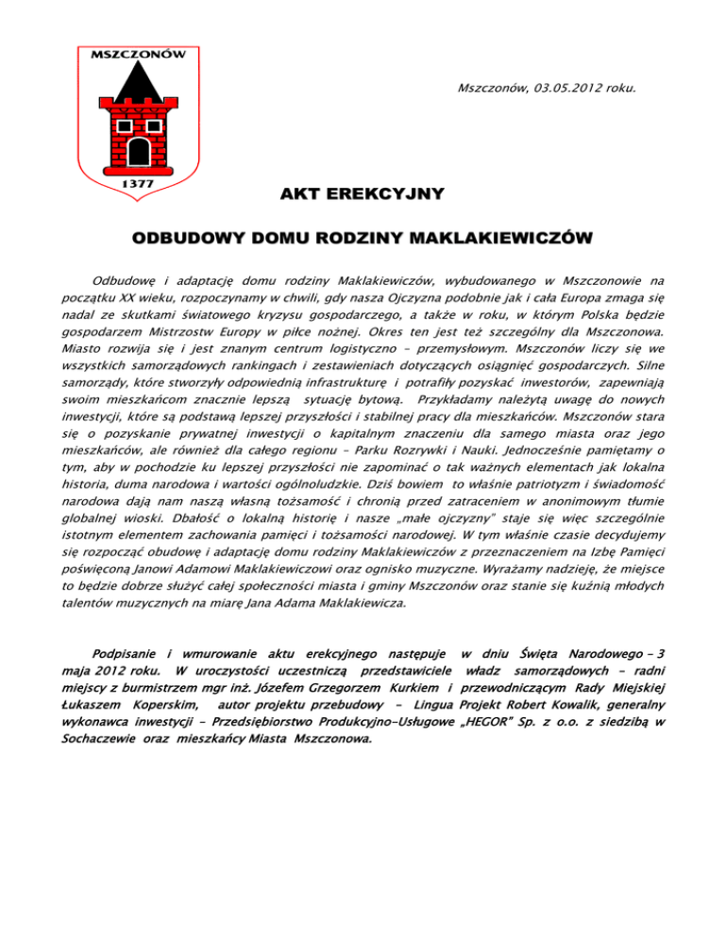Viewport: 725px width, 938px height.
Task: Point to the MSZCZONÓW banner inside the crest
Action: (136, 54)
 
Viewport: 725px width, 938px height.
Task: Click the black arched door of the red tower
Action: (138, 149)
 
